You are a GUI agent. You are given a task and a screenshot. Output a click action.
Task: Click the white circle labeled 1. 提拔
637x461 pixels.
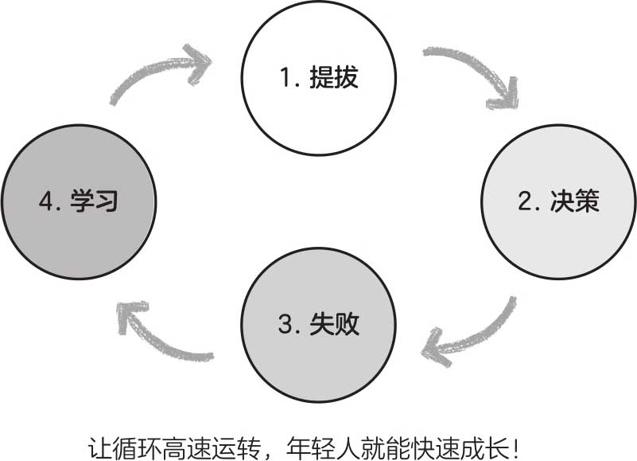coord(319,77)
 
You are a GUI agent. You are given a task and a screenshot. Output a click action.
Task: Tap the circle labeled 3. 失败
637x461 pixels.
coord(319,324)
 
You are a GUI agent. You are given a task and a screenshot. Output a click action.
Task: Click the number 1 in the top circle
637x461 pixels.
coord(284,78)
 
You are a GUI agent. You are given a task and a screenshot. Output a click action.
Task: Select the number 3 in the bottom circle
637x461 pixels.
coord(285,325)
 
